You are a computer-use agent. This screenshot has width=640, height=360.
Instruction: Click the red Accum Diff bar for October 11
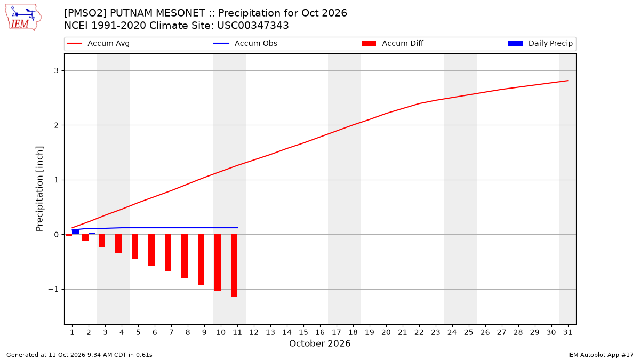tap(234, 266)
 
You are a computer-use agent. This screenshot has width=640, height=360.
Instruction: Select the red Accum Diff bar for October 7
tap(168, 253)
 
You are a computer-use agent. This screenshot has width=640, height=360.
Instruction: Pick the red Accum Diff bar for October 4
tap(118, 243)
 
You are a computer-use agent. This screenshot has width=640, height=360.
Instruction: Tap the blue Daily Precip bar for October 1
tap(75, 231)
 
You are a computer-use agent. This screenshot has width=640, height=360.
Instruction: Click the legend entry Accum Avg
tap(98, 43)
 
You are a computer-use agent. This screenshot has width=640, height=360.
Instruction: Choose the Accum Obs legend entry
tap(245, 43)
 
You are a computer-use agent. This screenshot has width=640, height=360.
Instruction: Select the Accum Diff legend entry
tap(393, 43)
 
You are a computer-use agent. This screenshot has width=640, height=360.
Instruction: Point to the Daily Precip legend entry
tap(540, 43)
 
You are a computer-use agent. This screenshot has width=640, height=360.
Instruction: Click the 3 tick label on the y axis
tap(57, 70)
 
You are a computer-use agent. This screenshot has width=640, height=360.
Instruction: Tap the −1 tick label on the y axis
tap(53, 290)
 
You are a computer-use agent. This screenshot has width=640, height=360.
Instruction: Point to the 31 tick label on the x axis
tap(567, 333)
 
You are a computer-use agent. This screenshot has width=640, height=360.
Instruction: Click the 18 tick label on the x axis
tap(353, 333)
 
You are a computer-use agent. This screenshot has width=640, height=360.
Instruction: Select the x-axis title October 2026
tap(319, 343)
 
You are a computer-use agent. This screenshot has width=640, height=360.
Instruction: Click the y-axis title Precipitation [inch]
tap(39, 189)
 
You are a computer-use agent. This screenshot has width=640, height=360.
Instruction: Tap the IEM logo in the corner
tap(23, 18)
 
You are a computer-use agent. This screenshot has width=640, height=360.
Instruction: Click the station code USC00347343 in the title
tap(253, 26)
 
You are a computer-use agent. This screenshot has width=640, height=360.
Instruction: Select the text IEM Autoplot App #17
tap(601, 355)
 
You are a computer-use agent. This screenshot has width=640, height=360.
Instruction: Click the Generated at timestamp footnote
tap(79, 355)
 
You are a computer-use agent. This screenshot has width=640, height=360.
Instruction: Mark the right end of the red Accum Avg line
tap(567, 81)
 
